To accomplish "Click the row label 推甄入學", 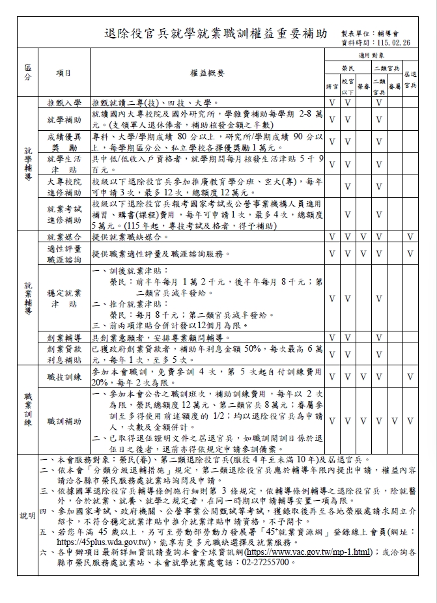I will coord(64,103).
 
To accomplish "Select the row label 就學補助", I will coord(64,120).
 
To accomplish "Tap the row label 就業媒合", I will coord(64,237).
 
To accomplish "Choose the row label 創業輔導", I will coord(64,338).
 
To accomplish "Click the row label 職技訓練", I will coord(64,376).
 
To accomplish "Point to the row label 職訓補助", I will coord(64,421).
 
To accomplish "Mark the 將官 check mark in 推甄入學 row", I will coord(331,103).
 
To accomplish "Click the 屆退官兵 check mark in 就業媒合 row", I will coord(410,237).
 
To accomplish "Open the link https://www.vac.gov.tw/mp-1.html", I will coord(307,552).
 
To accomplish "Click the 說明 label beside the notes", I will coord(27,515).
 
